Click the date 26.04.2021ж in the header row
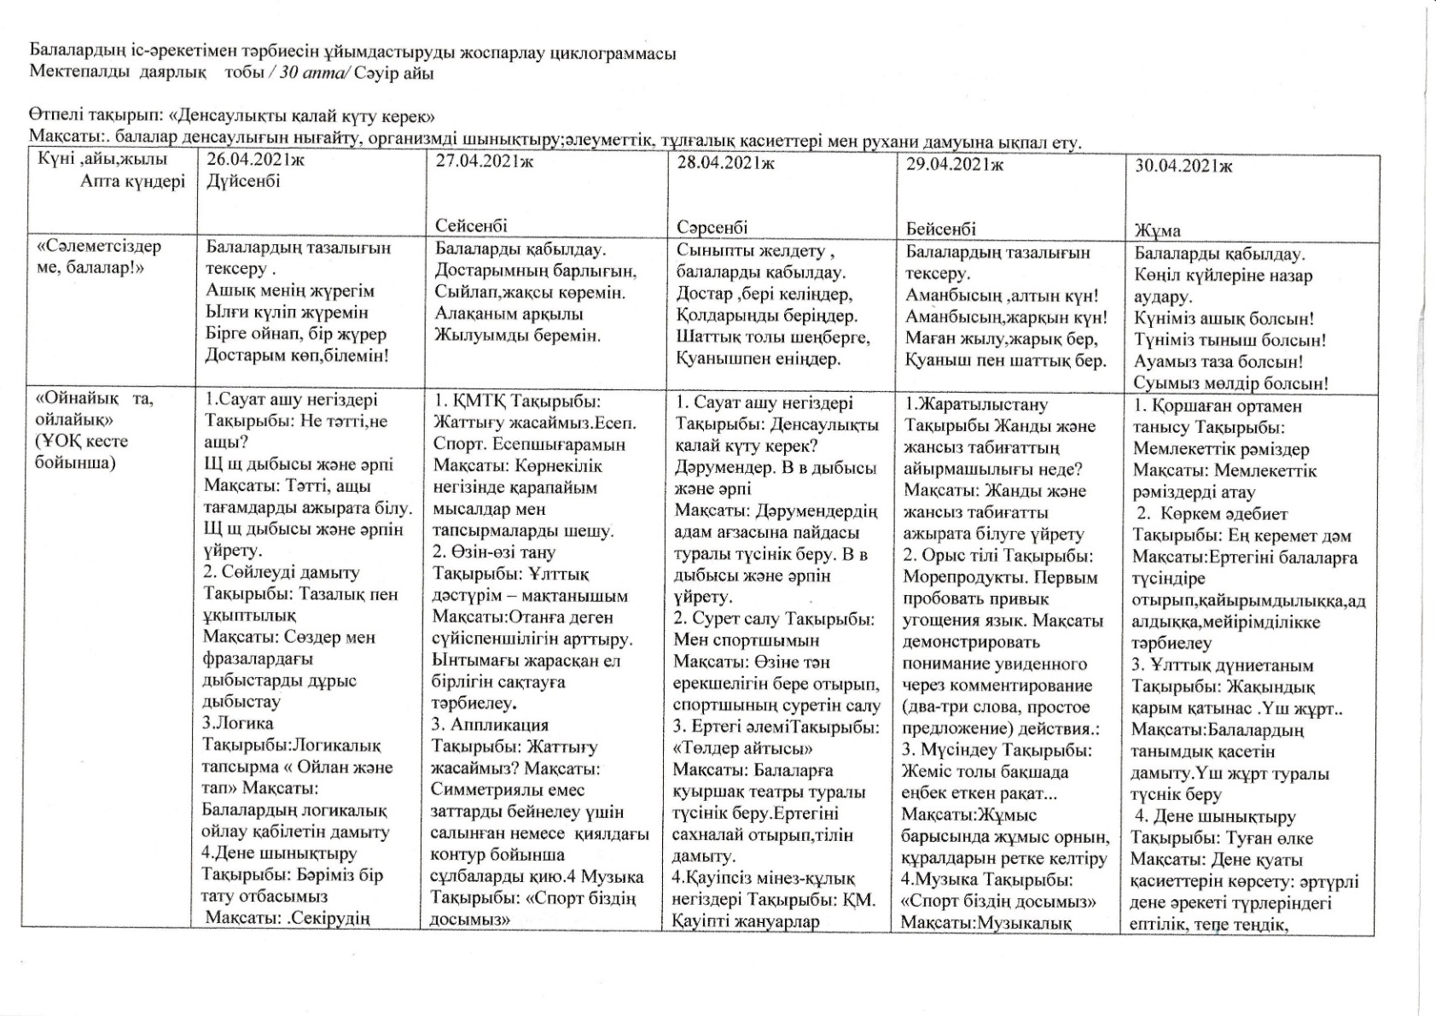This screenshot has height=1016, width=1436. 255,160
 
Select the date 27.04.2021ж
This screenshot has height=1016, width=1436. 484,161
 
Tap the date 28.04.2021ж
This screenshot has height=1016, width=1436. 725,163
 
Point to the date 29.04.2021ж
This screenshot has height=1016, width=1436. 954,165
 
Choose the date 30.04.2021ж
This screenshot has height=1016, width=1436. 1183,166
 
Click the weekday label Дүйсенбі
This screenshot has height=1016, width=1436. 243,181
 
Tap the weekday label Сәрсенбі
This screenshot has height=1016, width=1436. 712,227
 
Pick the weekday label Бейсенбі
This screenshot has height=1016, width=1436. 941,229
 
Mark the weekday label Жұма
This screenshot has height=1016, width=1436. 1158,231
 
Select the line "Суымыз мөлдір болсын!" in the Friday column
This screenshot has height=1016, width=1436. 1230,383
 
